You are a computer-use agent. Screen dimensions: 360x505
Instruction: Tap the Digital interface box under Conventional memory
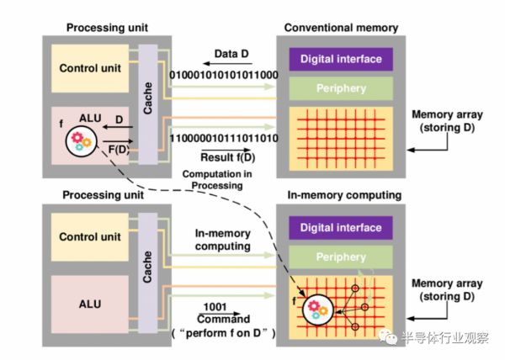pyautogui.click(x=340, y=59)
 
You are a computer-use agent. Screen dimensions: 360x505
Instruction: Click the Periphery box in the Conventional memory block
pyautogui.click(x=340, y=87)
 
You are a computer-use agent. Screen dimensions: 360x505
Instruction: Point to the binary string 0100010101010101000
pyautogui.click(x=225, y=75)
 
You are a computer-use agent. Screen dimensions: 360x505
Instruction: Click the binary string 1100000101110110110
pyautogui.click(x=225, y=136)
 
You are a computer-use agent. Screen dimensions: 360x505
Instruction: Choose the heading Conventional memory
pyautogui.click(x=341, y=27)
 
